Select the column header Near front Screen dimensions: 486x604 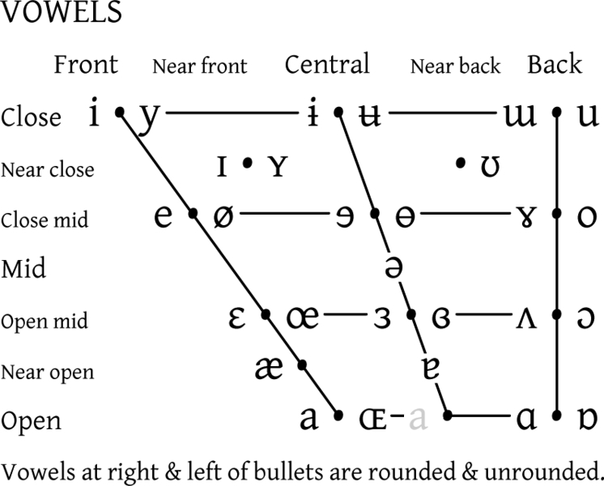point(199,66)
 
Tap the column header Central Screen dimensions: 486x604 point(327,64)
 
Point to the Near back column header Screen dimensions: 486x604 point(455,66)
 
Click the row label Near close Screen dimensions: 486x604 point(47,170)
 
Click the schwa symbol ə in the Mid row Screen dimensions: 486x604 point(393,268)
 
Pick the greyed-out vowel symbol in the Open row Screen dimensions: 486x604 point(418,419)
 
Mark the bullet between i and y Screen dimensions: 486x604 point(119,113)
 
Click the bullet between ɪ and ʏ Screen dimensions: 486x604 point(248,164)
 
